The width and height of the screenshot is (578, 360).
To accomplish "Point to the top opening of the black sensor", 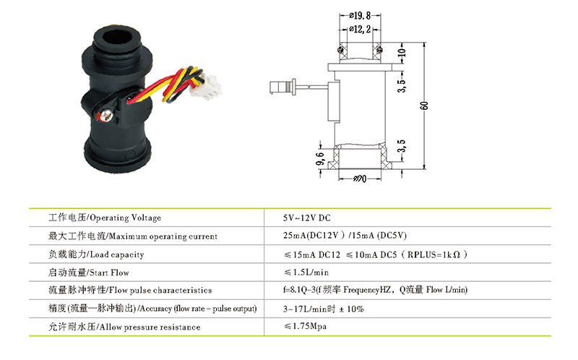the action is tap(117, 38).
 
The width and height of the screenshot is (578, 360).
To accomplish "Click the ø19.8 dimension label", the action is tap(360, 15).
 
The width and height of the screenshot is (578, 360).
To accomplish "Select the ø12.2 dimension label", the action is tap(360, 29).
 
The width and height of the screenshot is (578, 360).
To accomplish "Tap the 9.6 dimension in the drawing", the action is tap(320, 158).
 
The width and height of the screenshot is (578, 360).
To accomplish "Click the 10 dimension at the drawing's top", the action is tap(402, 53).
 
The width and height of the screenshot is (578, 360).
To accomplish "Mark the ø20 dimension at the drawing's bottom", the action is tap(359, 179).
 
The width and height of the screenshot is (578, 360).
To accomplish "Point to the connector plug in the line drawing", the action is tap(282, 87).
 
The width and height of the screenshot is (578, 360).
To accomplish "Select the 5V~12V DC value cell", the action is tap(306, 218).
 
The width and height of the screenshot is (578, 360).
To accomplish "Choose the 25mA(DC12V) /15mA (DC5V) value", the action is tap(345, 236).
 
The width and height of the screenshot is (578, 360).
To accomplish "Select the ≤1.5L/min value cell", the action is tap(306, 273).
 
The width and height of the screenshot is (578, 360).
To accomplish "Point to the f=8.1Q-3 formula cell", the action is tap(375, 290).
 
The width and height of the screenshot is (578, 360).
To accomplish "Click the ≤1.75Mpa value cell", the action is tap(305, 327).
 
